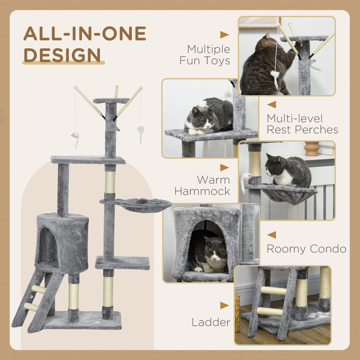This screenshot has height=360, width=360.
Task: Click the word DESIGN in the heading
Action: [62, 54]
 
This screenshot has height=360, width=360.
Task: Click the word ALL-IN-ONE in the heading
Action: [85, 34]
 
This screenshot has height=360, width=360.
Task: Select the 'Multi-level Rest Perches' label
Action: [302, 124]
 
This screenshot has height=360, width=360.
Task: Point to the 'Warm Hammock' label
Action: [202, 185]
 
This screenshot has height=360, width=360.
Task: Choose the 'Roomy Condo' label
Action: [306, 249]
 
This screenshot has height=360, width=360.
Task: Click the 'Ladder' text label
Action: [211, 322]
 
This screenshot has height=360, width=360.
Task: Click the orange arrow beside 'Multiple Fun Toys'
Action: [224, 35]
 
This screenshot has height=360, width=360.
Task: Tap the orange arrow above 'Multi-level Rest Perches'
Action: [271, 104]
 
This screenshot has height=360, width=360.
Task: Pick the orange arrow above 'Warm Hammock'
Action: [224, 167]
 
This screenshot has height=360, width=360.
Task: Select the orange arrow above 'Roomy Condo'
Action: [271, 234]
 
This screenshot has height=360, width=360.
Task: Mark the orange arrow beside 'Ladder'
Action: [224, 306]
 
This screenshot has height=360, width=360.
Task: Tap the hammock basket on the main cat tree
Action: [143, 205]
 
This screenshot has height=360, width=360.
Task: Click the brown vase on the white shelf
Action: [311, 148]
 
